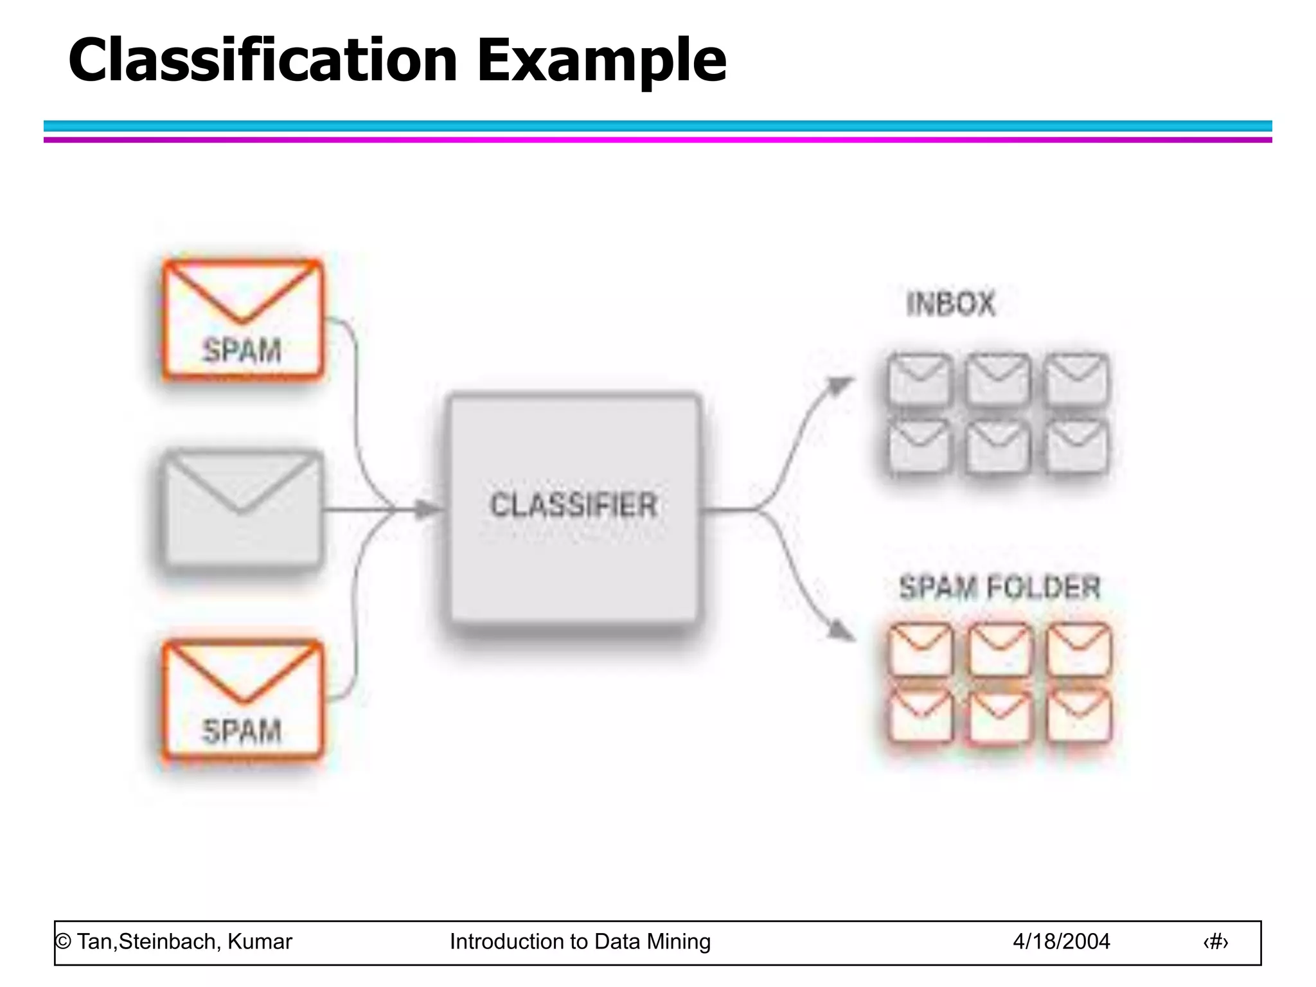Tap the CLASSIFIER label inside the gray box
click(573, 505)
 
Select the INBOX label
click(950, 304)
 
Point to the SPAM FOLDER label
click(999, 587)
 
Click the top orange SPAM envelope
click(242, 319)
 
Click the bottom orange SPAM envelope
click(242, 699)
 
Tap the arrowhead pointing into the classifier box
click(427, 510)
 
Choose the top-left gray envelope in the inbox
click(920, 380)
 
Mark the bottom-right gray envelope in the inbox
click(1077, 447)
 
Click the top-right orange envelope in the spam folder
click(1078, 650)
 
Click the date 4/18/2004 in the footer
click(1061, 941)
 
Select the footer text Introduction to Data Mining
click(580, 941)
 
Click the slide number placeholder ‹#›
click(1215, 942)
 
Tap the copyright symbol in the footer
click(63, 941)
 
